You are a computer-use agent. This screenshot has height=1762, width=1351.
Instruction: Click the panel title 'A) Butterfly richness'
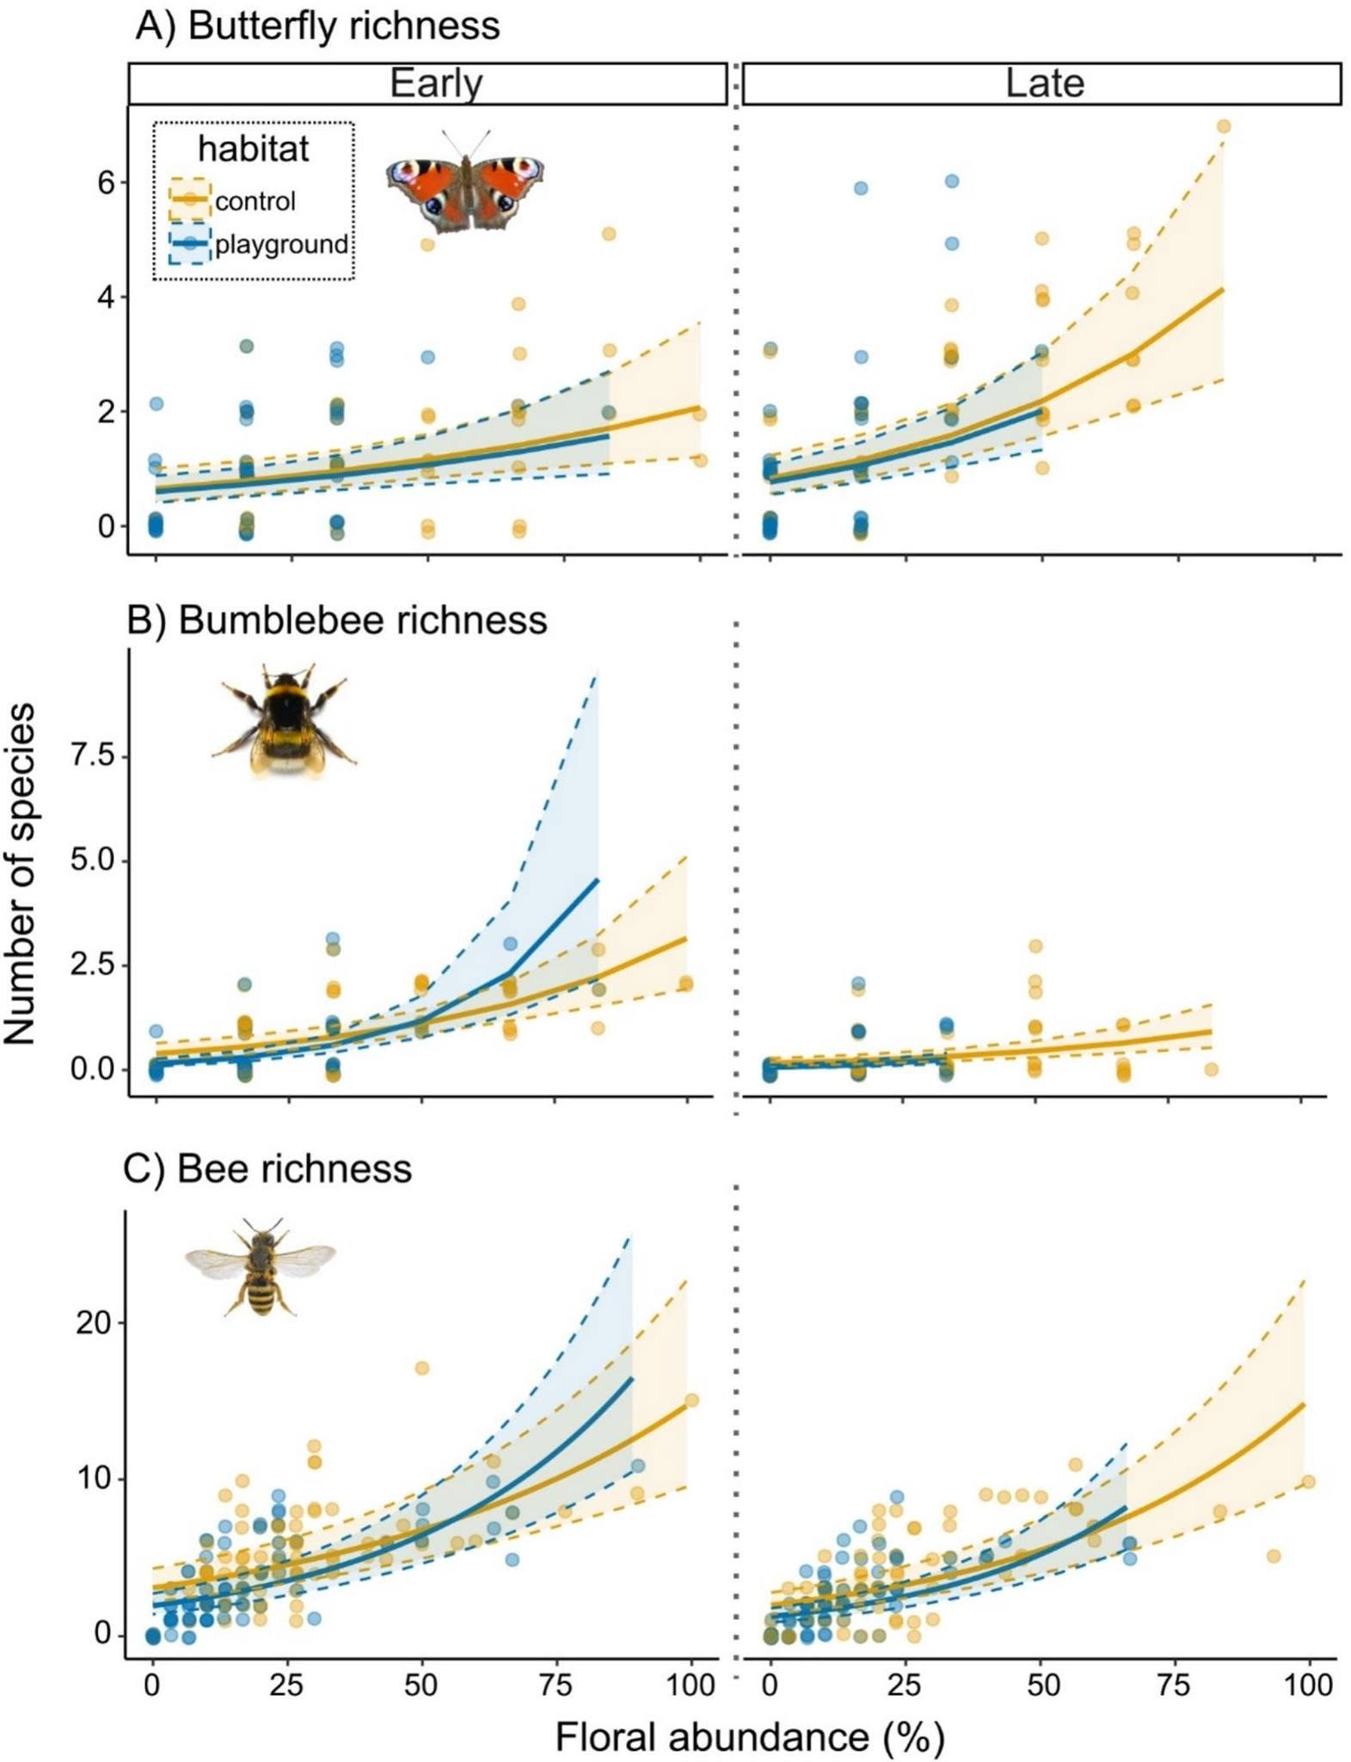pos(317,26)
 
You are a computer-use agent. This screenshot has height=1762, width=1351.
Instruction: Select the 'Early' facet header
pos(436,83)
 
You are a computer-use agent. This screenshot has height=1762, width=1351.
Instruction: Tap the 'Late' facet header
pos(1044,83)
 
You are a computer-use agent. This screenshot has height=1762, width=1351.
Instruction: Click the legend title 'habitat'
pos(253,149)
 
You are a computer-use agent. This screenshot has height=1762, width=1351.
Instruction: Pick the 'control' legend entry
pos(233,201)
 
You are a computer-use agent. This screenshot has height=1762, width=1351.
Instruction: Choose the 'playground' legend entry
pos(259,244)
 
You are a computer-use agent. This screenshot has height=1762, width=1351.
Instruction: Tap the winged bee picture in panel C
pos(261,1267)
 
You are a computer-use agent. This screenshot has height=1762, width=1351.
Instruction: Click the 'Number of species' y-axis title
pos(19,872)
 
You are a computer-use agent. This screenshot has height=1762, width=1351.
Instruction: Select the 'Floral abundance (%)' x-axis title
pos(749,1736)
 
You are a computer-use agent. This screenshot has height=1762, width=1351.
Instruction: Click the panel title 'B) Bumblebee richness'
pos(336,619)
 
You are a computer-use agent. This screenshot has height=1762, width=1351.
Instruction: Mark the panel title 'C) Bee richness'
pos(267,1168)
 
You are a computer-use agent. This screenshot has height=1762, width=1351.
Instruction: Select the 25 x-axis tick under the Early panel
pos(286,1685)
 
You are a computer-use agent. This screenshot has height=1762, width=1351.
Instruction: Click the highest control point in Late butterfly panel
pos(1224,126)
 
